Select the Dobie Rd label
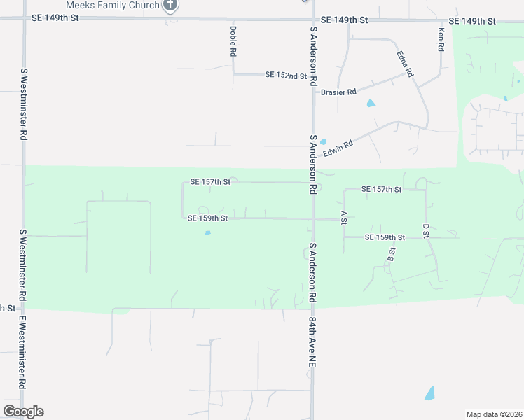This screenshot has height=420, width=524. pos(233,41)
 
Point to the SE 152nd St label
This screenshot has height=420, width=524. pos(286,75)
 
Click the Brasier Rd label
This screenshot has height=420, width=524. pos(338,92)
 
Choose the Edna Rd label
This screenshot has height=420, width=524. pos(405,64)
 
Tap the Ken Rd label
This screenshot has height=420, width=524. pos(441,40)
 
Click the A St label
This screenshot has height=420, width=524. pos(343,217)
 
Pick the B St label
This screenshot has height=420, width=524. pos(391,255)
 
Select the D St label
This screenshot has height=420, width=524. pos(425,230)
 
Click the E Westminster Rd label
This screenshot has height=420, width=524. pos(22,353)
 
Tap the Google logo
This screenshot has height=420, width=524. pos(23,412)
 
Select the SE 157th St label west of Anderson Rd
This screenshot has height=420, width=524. pos(210,183)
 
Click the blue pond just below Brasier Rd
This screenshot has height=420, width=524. pos(371,104)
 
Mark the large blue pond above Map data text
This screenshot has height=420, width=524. pos(429,393)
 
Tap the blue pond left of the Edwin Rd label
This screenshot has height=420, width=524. pos(323,141)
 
